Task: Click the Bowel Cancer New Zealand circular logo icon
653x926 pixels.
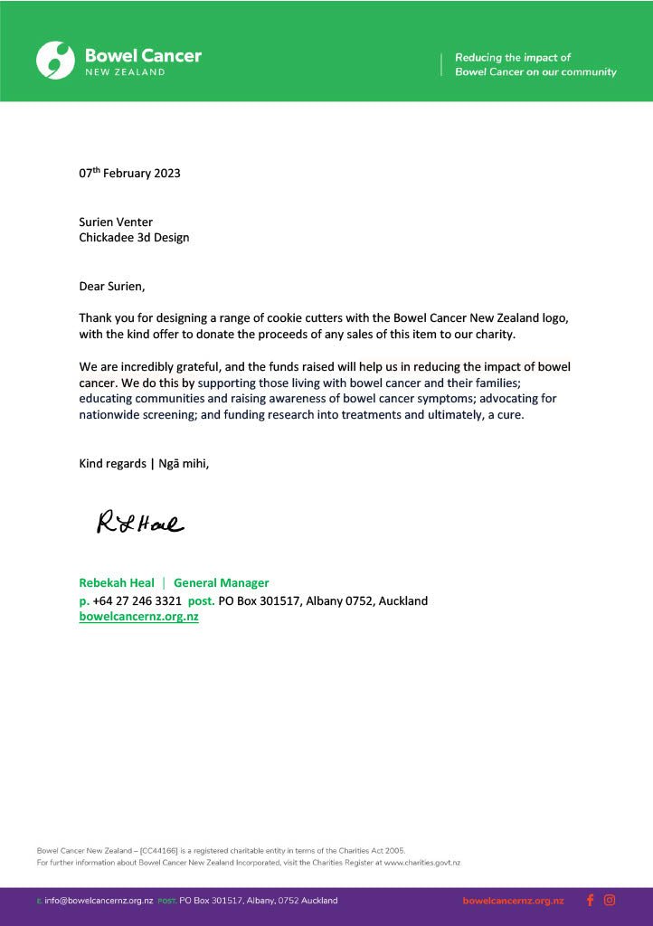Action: click(x=55, y=60)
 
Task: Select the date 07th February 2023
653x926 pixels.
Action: click(x=129, y=173)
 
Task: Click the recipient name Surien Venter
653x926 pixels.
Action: click(x=116, y=222)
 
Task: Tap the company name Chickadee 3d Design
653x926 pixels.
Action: click(x=134, y=238)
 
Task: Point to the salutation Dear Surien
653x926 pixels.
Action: click(x=111, y=287)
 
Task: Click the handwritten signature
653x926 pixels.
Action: click(x=140, y=522)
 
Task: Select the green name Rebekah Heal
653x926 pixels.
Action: click(x=117, y=583)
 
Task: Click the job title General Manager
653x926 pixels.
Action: click(x=221, y=583)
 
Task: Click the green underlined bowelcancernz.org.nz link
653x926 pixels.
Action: click(x=138, y=617)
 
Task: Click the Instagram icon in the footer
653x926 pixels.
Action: click(x=610, y=900)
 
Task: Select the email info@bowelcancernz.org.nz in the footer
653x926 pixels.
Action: click(x=99, y=901)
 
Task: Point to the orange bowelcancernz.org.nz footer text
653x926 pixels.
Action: click(x=513, y=901)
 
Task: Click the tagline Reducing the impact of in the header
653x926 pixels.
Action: click(x=513, y=57)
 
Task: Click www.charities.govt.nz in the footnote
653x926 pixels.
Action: click(x=421, y=863)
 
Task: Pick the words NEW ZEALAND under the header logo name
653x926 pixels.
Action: click(x=125, y=72)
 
